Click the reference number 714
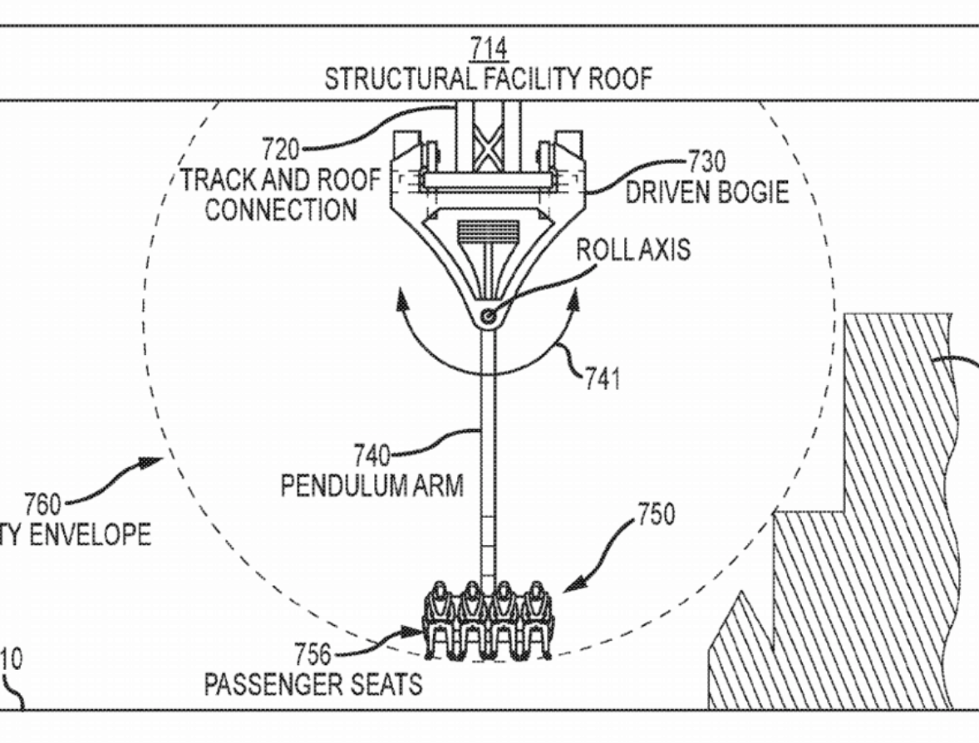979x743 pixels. pos(488,50)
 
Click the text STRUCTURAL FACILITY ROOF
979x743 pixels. pos(488,80)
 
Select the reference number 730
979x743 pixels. pos(706,161)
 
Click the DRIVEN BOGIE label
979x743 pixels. pos(706,193)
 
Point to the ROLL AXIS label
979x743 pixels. pos(633,249)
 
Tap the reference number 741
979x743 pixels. pos(601,379)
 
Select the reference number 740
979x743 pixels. pos(371,455)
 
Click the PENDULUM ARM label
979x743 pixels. pos(371,485)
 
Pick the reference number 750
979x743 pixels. pos(656,515)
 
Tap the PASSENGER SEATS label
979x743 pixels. pos(312,685)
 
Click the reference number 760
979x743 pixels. pos(42,504)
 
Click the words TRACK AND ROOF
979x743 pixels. pos(281,180)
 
